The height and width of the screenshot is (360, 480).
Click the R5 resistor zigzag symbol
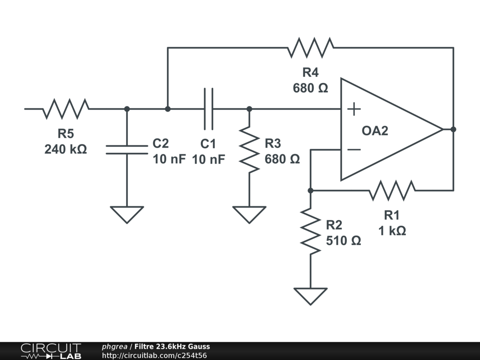[x=66, y=109]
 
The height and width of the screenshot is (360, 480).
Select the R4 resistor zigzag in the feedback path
[x=310, y=48]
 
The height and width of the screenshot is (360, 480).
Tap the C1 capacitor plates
[x=209, y=109]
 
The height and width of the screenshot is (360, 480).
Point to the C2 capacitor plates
[x=127, y=150]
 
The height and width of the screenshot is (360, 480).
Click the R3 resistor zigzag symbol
[x=249, y=150]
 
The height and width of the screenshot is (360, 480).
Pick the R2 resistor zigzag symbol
[x=310, y=232]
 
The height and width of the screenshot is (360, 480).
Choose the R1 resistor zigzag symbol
[x=392, y=190]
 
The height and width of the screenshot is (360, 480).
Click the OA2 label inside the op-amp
[x=375, y=131]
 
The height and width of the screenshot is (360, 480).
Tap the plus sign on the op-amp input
[x=354, y=109]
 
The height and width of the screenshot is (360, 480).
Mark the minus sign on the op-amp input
[x=354, y=150]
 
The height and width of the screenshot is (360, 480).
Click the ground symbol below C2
[x=127, y=215]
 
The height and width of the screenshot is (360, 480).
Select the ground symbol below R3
[x=249, y=215]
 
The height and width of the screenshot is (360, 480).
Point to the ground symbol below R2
[x=310, y=296]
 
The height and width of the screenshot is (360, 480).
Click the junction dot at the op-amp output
[x=453, y=129]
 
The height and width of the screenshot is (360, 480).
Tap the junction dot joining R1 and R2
[x=310, y=190]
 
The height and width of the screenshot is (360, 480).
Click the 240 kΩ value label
[x=66, y=149]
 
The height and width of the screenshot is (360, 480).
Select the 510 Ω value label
[x=344, y=240]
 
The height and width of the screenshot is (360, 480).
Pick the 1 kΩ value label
[x=392, y=231]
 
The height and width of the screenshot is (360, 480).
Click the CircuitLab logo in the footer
[x=51, y=351]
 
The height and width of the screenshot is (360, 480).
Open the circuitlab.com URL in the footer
[x=154, y=355]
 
